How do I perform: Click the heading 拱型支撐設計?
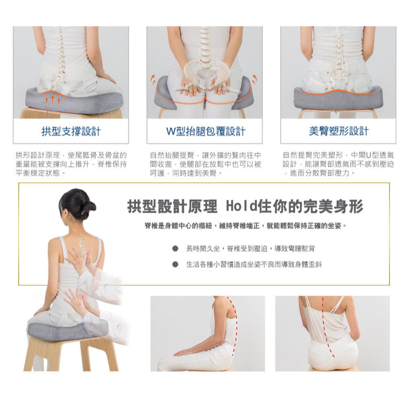pos(71,131)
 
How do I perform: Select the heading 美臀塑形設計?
pos(339,131)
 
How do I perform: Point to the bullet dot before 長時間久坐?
pos(175,248)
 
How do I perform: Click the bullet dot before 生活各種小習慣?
pos(175,265)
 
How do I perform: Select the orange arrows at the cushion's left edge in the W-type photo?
pos(153,79)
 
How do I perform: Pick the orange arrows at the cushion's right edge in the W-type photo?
pos(255,79)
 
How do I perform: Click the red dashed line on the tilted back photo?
pos(326,326)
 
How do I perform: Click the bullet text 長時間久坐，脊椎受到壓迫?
pos(250,248)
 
